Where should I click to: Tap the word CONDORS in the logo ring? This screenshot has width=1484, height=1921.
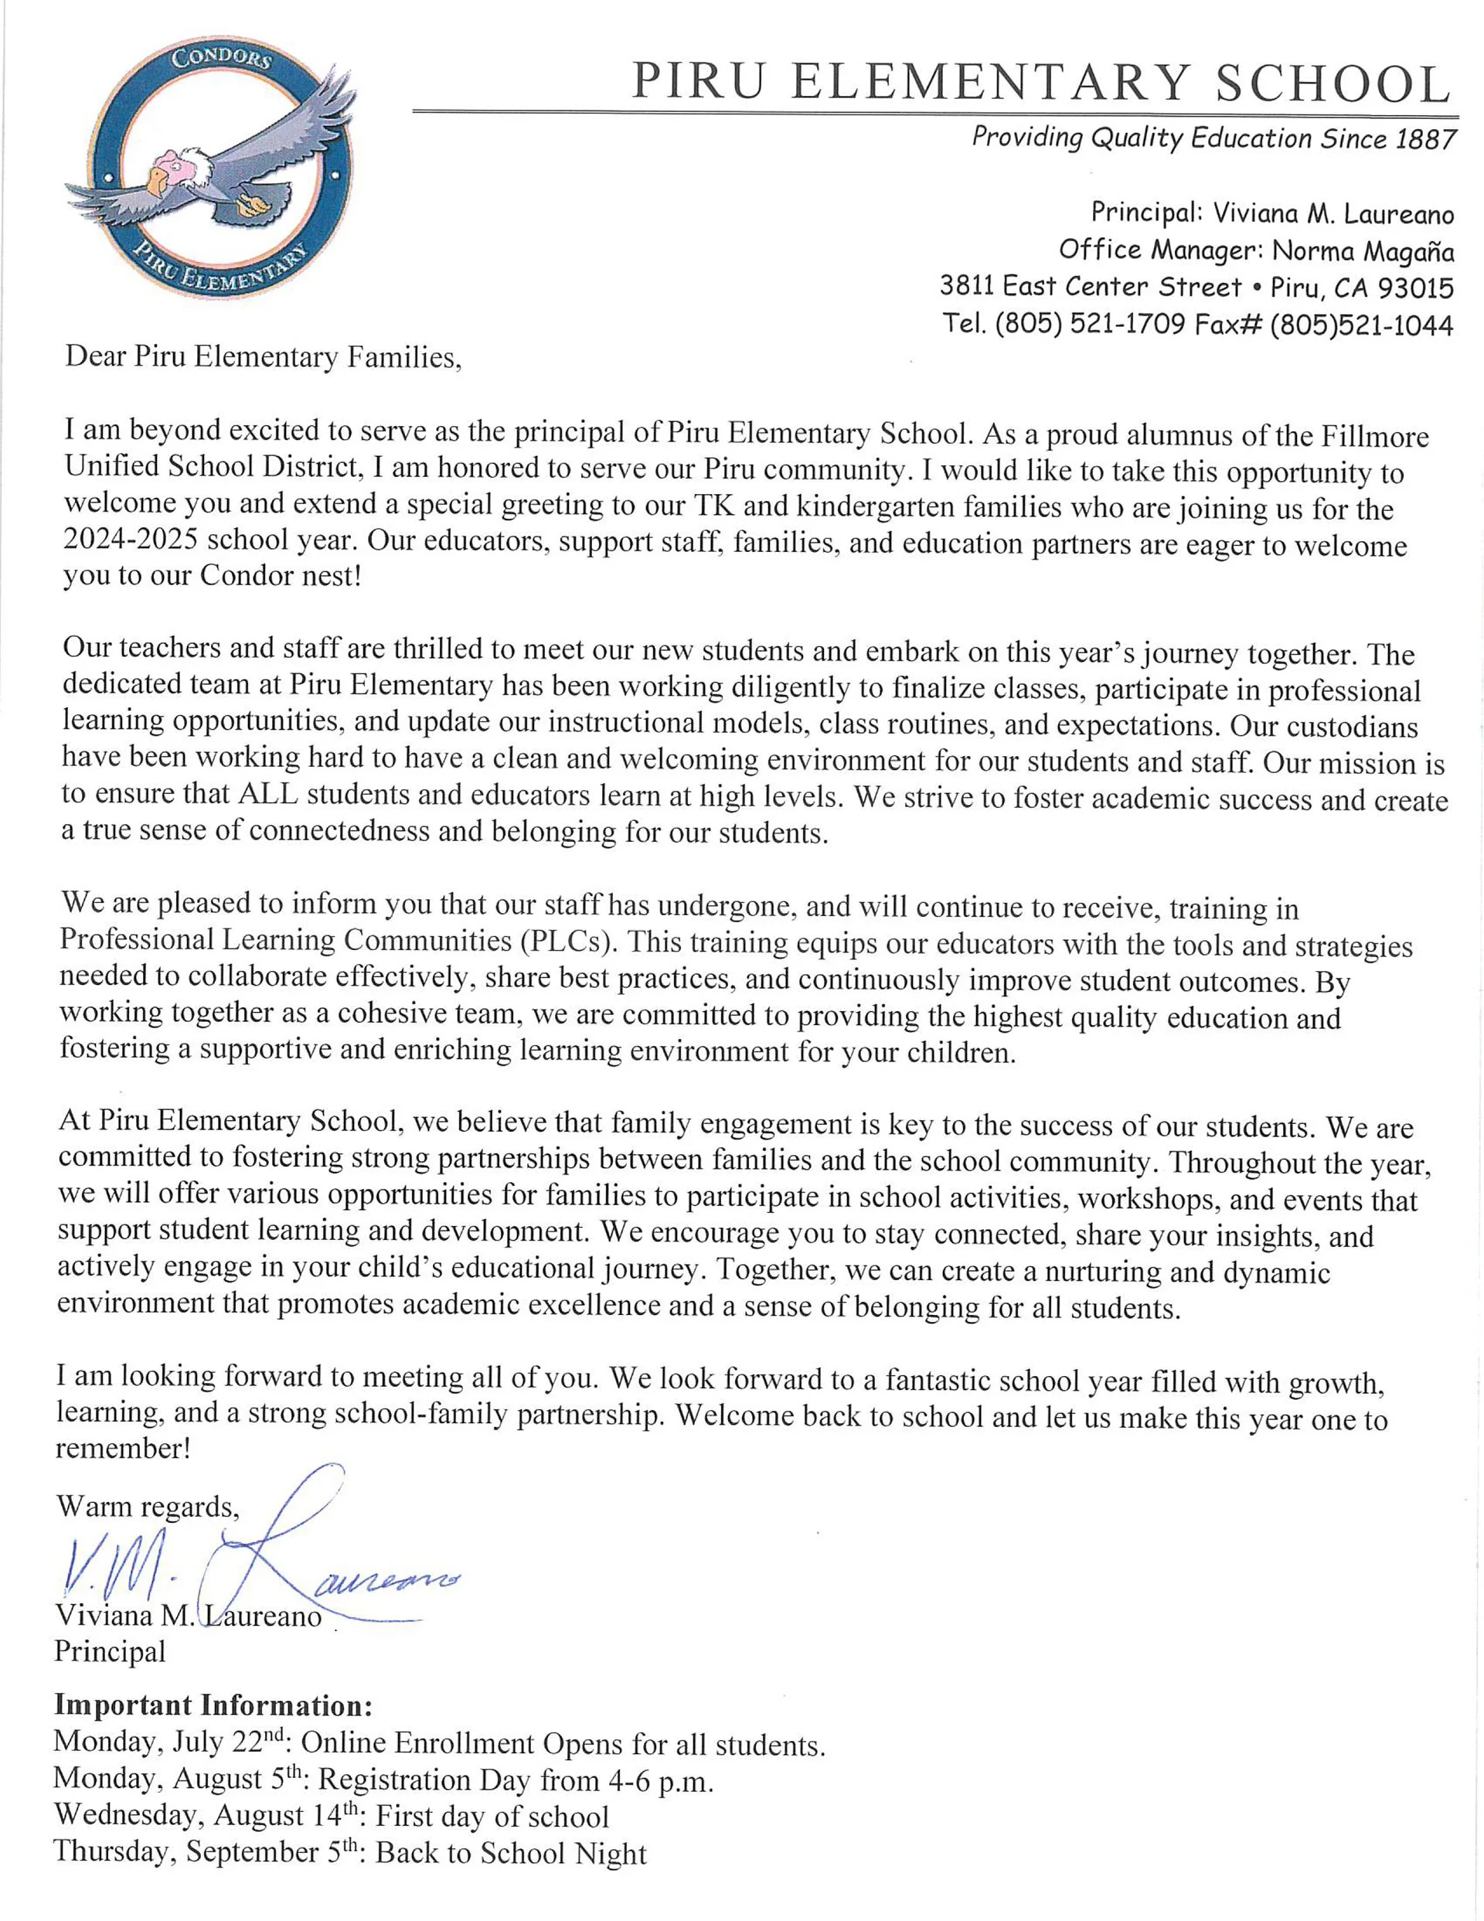click(221, 60)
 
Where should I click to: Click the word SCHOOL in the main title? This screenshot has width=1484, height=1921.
click(1332, 85)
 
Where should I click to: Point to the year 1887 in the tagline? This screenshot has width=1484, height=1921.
click(1425, 140)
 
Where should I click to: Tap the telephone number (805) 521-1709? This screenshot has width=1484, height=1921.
click(1090, 325)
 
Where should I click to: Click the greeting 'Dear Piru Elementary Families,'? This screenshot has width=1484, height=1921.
click(263, 357)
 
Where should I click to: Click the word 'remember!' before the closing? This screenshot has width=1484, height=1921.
click(123, 1449)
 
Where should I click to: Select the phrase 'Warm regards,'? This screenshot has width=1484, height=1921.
click(147, 1507)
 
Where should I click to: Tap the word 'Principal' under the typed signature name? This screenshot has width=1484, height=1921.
click(110, 1651)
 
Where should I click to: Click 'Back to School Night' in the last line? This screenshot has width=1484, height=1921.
click(511, 1853)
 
